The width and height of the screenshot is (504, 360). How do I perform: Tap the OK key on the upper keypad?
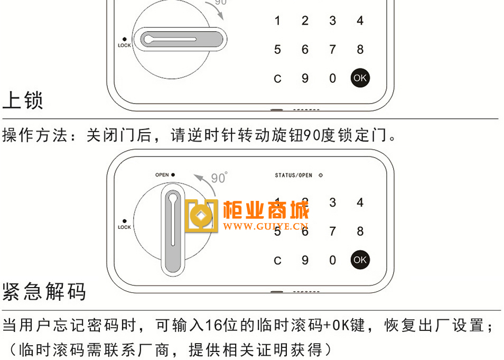coord(360,78)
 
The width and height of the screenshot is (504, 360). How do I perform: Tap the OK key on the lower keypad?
coord(360,260)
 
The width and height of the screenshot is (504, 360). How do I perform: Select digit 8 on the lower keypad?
coord(360,232)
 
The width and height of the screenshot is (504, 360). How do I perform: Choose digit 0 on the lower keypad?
coord(333,260)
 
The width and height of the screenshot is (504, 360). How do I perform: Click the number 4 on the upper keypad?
coord(360,21)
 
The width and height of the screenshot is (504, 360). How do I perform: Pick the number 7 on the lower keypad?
coord(333,232)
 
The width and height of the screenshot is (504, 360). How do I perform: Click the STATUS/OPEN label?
coord(293,176)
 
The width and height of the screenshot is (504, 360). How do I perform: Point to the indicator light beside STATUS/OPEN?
coord(321,176)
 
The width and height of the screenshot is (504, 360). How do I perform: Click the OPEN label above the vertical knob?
coord(162,174)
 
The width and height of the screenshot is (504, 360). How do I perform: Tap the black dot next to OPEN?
coord(173,174)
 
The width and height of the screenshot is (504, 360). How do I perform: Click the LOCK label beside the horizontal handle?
coord(124,45)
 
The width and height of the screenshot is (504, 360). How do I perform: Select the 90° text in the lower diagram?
coord(219,178)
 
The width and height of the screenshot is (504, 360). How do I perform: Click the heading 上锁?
coord(23,100)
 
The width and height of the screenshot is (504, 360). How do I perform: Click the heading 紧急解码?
coord(44,291)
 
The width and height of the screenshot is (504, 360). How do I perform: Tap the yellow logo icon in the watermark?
coord(201,216)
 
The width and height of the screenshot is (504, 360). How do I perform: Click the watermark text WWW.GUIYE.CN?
coord(266,226)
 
